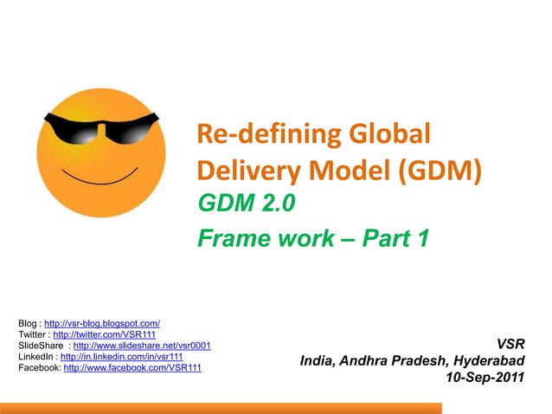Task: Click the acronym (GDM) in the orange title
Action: tap(436, 170)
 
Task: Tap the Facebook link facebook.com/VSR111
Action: tap(132, 368)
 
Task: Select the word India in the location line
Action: tap(317, 360)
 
